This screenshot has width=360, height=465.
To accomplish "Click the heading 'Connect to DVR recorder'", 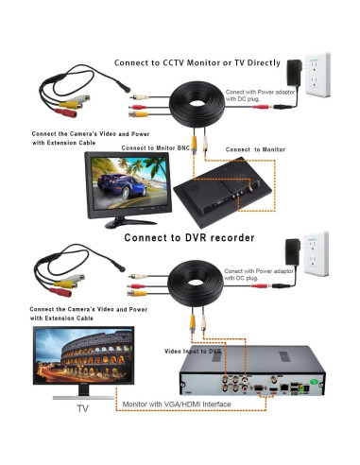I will tap(189, 237).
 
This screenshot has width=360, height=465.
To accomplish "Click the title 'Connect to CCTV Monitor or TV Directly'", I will tap(197, 62).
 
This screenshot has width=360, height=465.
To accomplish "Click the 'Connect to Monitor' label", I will tap(256, 149).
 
